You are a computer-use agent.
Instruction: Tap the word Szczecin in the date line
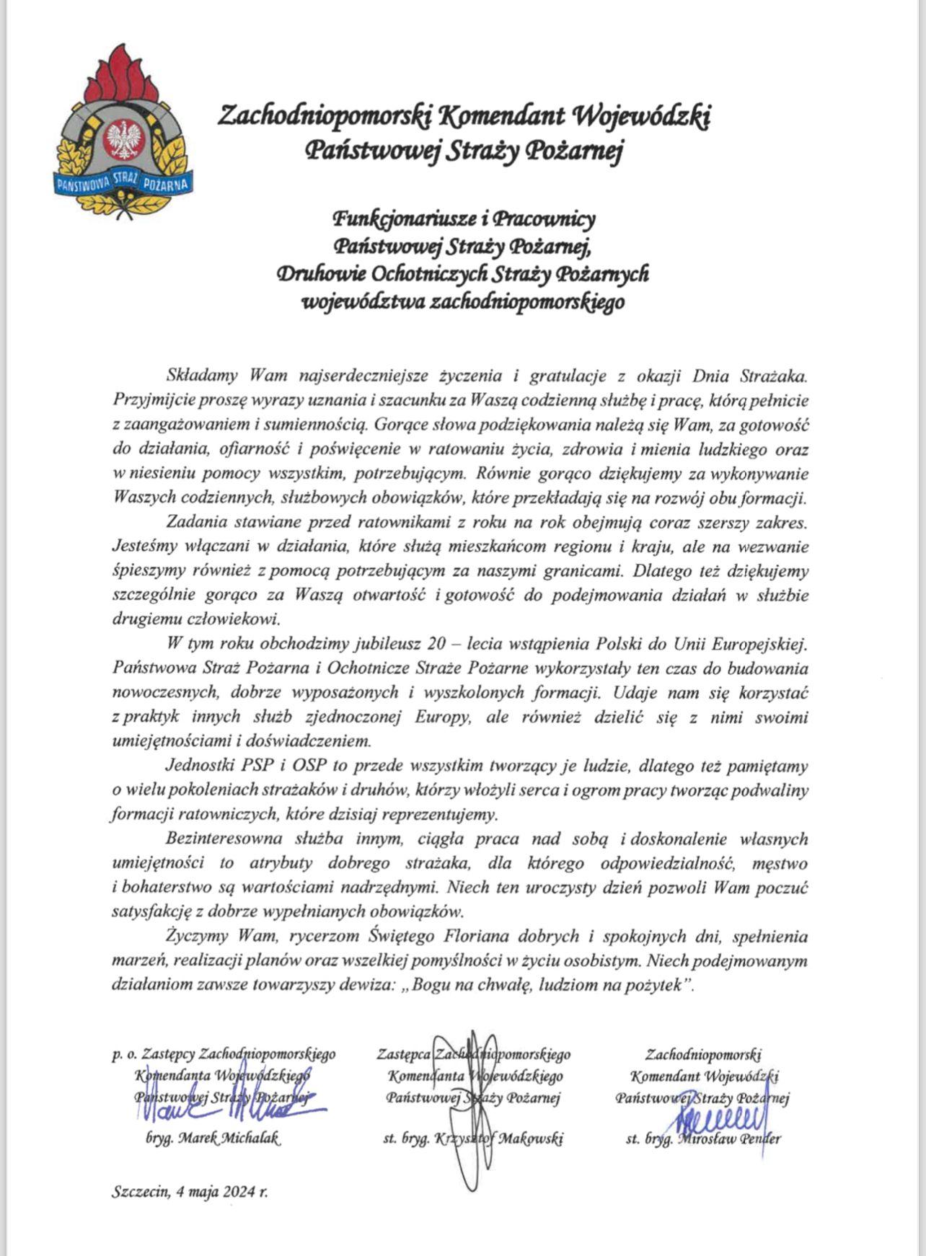(140, 1192)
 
